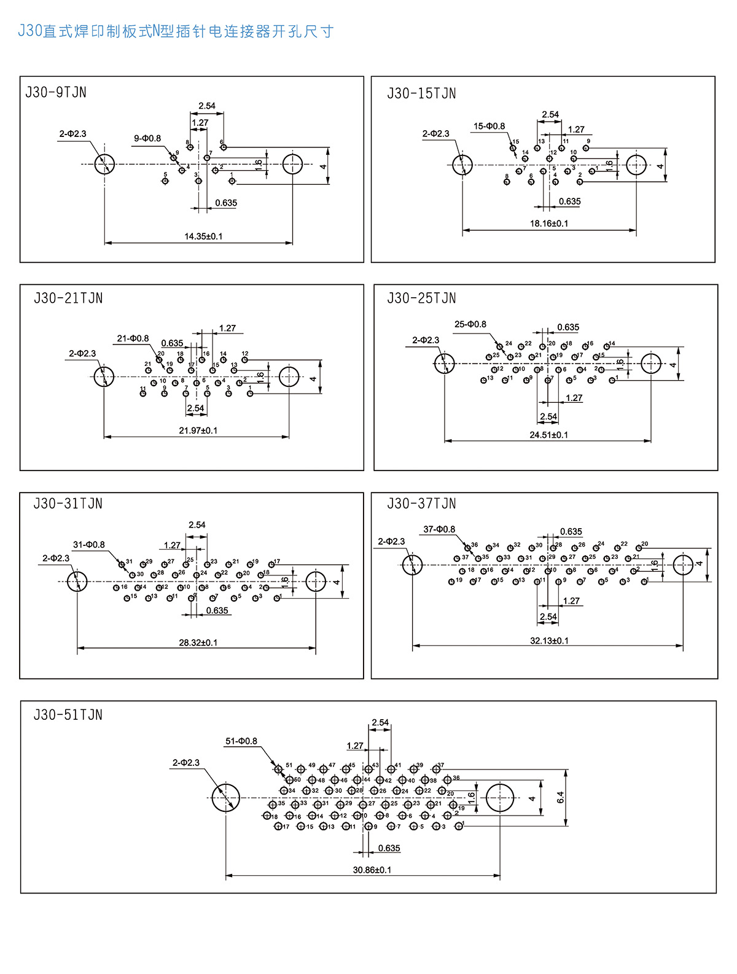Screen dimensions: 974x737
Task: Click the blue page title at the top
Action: (x=176, y=31)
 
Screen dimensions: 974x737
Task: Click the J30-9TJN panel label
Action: (x=56, y=93)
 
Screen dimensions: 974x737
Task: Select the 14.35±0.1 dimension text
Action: (x=203, y=236)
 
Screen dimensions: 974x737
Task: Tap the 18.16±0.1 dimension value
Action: (x=549, y=224)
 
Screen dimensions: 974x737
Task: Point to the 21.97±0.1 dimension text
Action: (x=198, y=431)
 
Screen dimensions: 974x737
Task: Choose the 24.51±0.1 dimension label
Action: (x=548, y=435)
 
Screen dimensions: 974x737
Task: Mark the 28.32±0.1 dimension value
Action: (x=198, y=642)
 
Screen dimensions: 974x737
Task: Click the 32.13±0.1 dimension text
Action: (x=549, y=641)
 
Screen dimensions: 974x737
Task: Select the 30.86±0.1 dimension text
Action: (x=372, y=870)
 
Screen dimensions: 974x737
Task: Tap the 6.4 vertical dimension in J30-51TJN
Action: (x=560, y=798)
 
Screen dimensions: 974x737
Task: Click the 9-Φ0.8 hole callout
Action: (x=147, y=138)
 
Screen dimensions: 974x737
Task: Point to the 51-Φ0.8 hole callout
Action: (x=241, y=741)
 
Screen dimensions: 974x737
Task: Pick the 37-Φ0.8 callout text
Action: (x=439, y=529)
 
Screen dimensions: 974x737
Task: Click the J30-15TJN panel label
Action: (x=421, y=93)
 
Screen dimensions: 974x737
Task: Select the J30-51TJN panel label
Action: (x=68, y=715)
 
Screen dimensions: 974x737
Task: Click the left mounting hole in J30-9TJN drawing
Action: (x=104, y=164)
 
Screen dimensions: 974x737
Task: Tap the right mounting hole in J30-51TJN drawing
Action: (x=500, y=797)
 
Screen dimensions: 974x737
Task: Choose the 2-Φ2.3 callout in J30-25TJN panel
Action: (x=426, y=340)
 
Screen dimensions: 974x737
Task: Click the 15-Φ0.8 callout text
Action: (x=489, y=127)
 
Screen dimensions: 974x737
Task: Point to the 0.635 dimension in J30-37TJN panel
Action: (x=571, y=532)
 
